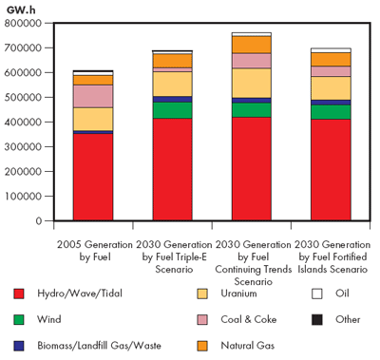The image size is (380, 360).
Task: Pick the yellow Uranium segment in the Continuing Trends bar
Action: (x=251, y=83)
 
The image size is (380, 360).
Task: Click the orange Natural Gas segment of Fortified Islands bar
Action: (x=330, y=59)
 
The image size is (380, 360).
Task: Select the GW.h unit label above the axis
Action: (x=20, y=7)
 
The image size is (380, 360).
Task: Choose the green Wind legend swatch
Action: (x=20, y=319)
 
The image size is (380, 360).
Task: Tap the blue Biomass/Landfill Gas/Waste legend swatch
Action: (x=20, y=345)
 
